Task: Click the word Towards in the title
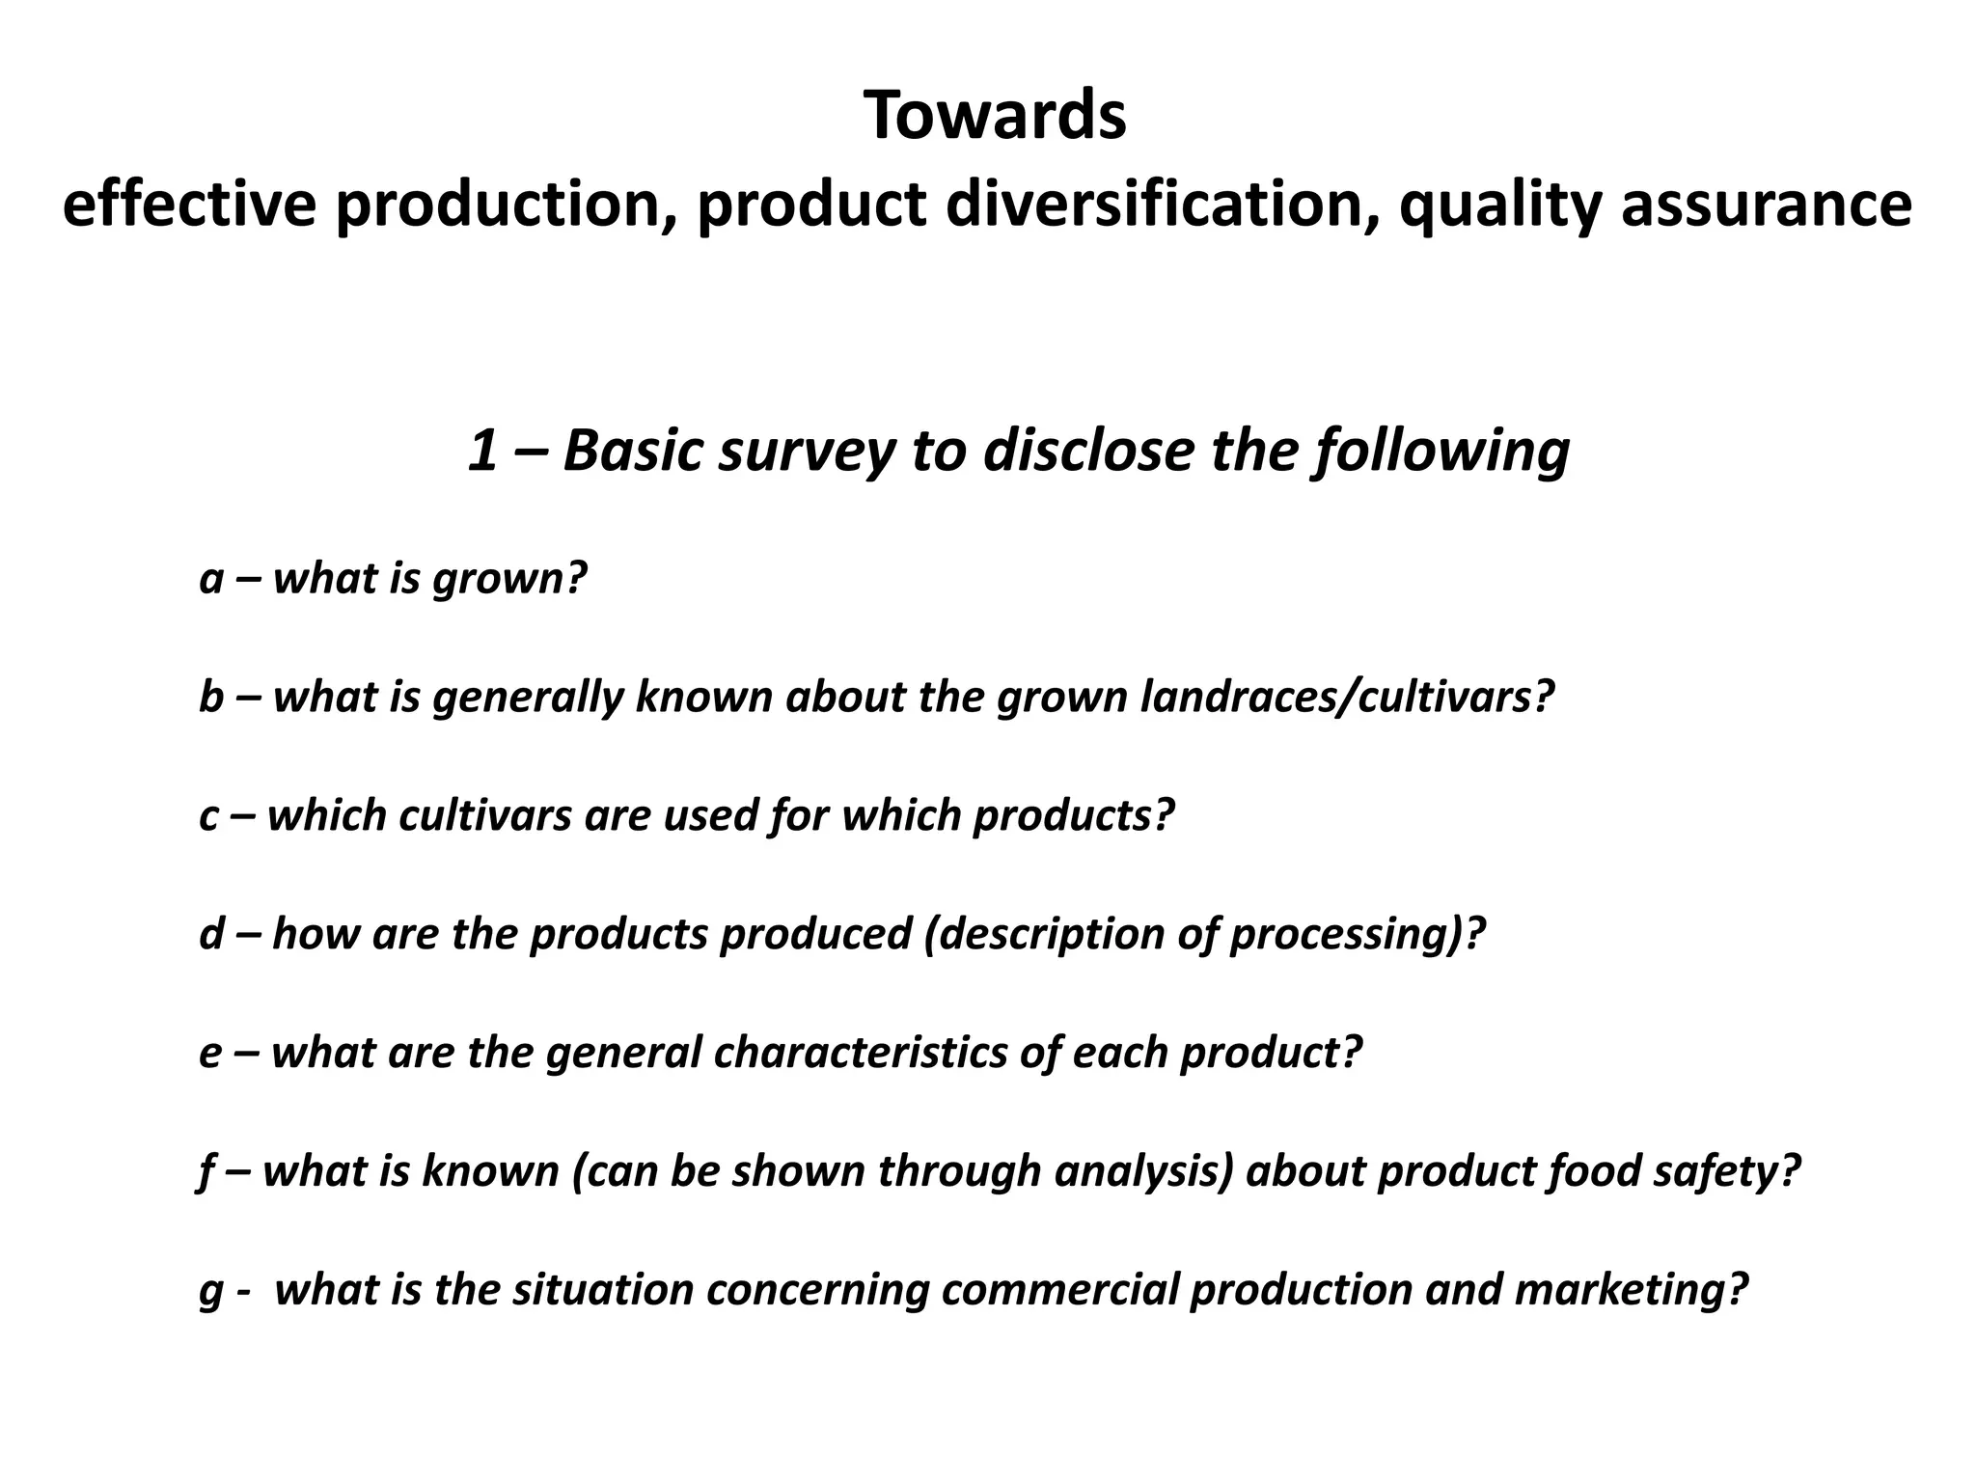995,116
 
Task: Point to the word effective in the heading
189,205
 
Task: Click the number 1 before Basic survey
481,451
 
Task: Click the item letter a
211,579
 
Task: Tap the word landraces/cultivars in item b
1346,697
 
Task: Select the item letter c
209,815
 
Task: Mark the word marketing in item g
1631,1289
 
